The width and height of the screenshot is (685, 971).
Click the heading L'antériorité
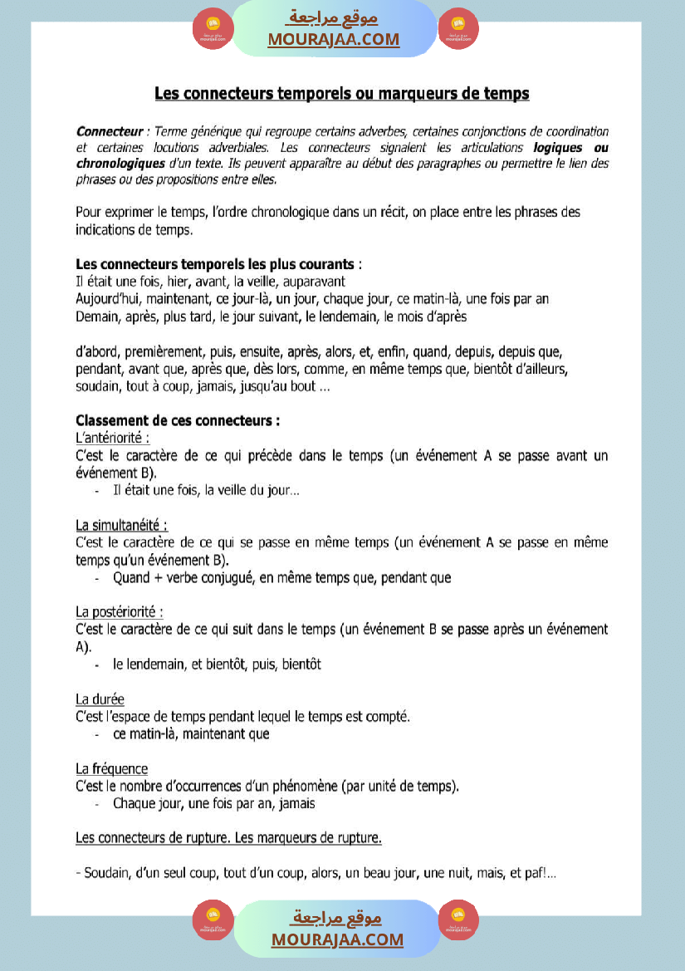click(113, 438)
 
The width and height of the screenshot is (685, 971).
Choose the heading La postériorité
click(120, 612)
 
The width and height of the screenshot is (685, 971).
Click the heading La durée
click(100, 699)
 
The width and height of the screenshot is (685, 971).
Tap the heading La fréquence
click(112, 769)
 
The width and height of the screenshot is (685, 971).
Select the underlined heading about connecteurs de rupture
click(228, 838)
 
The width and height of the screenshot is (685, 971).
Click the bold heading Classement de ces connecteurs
click(178, 420)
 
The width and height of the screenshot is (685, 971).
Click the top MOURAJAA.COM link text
click(333, 39)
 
